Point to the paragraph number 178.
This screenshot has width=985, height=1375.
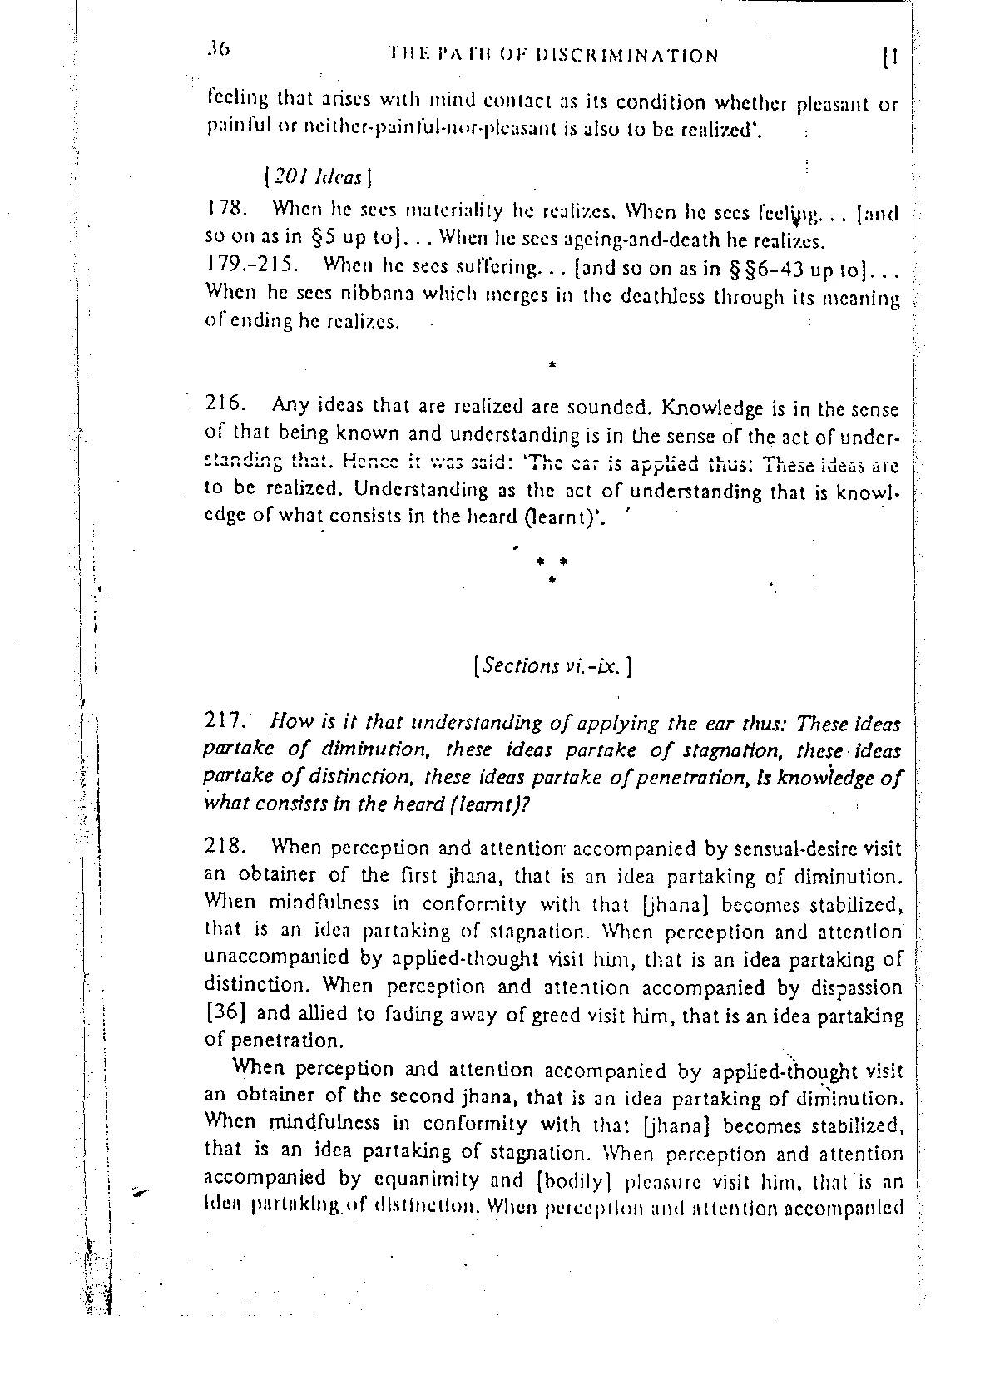click(x=222, y=210)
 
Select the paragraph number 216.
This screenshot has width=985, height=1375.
click(x=224, y=405)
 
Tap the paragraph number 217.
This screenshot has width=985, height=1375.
click(x=224, y=721)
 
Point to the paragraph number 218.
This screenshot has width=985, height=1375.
click(x=224, y=848)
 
